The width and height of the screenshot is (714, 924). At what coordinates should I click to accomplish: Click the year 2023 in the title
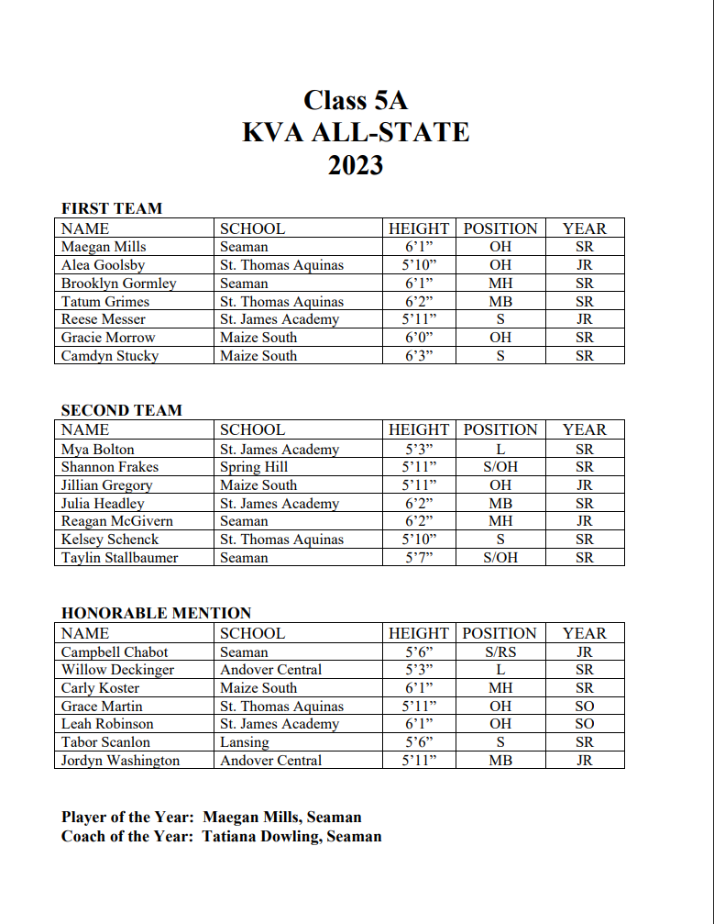[x=356, y=166]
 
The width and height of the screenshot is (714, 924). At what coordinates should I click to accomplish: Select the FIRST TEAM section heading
[x=111, y=208]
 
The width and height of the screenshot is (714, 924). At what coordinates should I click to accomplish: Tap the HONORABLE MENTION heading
[x=156, y=613]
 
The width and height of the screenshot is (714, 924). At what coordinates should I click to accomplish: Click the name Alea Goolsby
[x=103, y=265]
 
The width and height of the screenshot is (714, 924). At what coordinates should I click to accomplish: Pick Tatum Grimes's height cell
[x=418, y=301]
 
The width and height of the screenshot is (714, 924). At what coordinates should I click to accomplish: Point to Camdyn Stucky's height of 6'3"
[x=418, y=356]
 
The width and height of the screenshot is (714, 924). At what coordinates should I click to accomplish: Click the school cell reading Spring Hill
[x=254, y=467]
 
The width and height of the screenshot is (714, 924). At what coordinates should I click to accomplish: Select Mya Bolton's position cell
[x=500, y=450]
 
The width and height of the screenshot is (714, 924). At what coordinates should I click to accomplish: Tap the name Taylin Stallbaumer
[x=119, y=558]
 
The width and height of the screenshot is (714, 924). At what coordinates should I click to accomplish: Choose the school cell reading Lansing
[x=245, y=742]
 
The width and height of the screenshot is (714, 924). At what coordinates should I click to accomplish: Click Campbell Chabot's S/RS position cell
[x=500, y=652]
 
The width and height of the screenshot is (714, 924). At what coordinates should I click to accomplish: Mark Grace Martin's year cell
[x=584, y=707]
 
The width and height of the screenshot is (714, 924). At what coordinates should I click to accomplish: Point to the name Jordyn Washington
[x=120, y=761]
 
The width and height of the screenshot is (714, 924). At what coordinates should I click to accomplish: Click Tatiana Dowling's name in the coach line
[x=261, y=836]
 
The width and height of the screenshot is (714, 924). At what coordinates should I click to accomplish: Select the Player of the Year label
[x=127, y=817]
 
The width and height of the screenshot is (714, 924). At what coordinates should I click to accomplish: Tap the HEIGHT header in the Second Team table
[x=419, y=429]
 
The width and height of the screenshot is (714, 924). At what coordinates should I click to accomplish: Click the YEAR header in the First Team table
[x=584, y=228]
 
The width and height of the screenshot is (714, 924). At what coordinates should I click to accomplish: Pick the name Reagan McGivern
[x=116, y=521]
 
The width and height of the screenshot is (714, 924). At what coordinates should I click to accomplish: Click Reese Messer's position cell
[x=500, y=319]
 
